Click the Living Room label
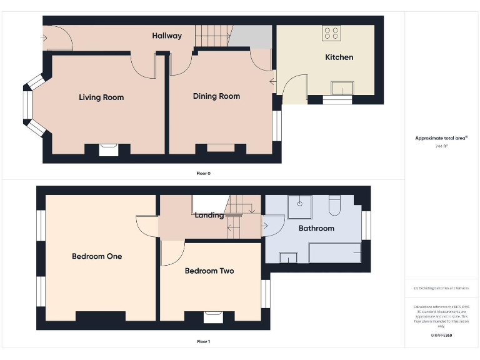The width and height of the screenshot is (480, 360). [101, 97]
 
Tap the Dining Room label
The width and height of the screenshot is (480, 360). [216, 96]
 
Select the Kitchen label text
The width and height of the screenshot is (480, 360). [339, 57]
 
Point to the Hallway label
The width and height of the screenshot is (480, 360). [167, 36]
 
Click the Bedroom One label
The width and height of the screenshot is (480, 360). [97, 256]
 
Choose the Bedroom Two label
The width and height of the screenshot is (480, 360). [209, 271]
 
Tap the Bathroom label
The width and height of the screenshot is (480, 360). [316, 229]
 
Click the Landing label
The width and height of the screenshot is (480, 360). [209, 216]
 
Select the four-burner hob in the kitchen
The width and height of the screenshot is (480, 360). [331, 33]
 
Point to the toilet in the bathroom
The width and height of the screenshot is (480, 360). [334, 204]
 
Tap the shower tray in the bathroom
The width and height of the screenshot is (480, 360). [300, 207]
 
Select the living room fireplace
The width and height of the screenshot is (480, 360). [107, 149]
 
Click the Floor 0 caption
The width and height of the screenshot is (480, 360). [203, 173]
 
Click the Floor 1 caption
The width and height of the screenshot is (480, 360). [203, 342]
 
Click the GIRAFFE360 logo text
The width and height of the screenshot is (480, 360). [441, 336]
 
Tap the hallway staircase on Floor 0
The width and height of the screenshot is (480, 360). [212, 36]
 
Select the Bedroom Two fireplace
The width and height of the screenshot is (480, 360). [212, 316]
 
